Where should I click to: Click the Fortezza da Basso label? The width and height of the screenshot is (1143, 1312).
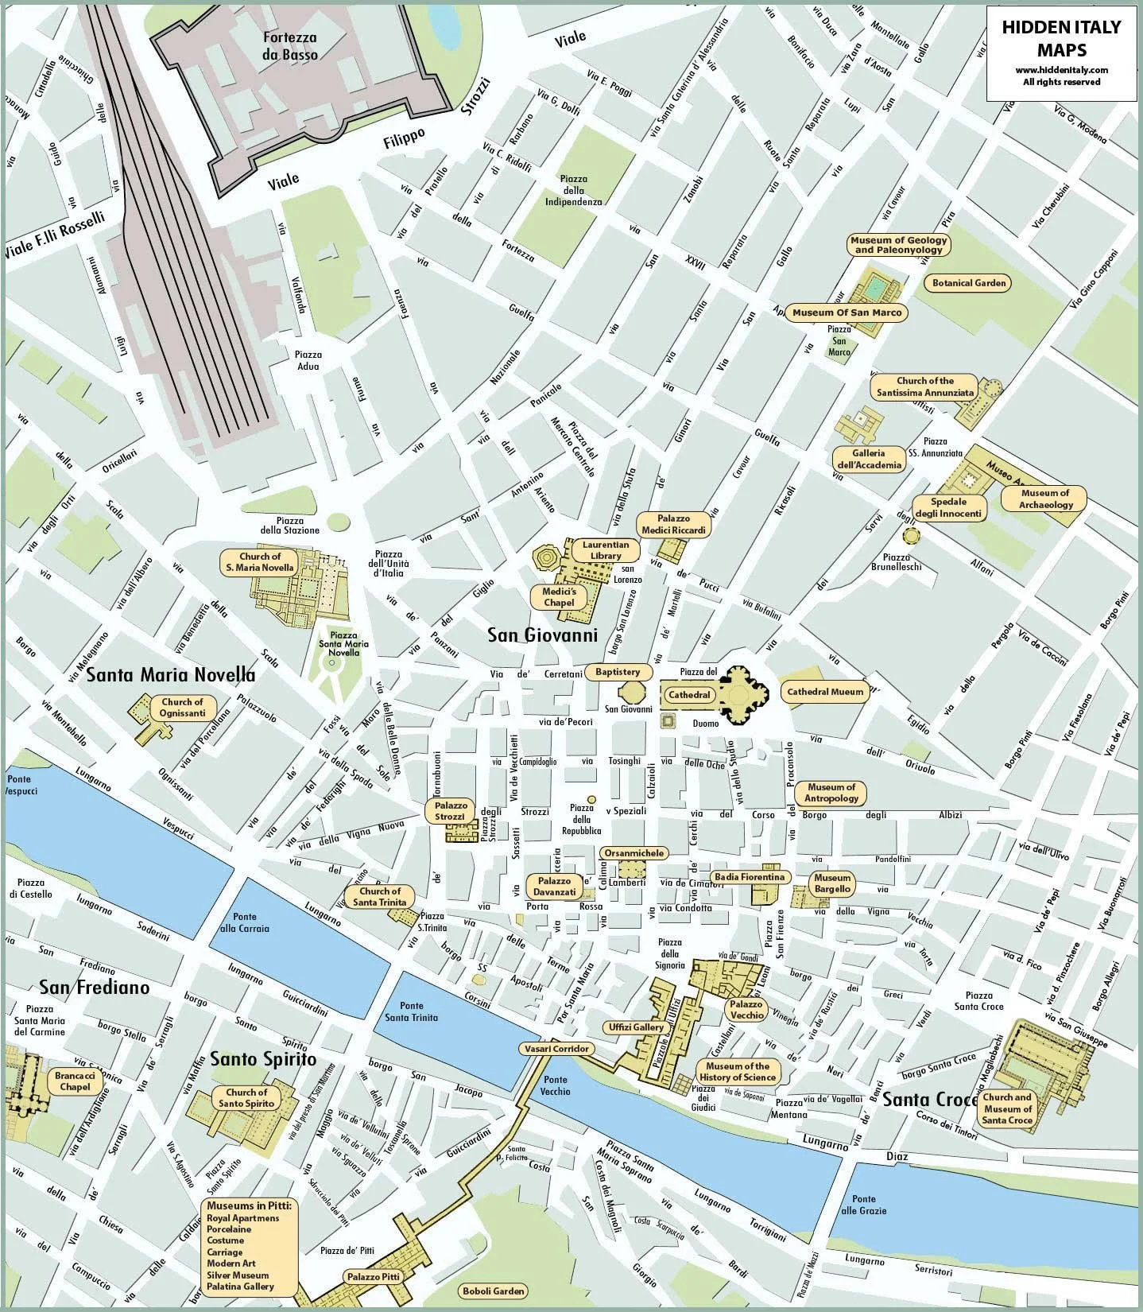[290, 46]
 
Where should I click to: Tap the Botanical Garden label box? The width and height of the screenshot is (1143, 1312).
[969, 282]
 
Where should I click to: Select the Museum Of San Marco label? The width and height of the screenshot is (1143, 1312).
[847, 312]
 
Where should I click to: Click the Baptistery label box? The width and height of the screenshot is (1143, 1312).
[617, 672]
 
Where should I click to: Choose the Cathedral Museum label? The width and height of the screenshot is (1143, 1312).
[824, 692]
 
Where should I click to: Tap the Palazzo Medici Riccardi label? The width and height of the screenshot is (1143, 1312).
[672, 524]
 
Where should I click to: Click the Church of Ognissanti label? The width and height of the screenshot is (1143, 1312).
[182, 707]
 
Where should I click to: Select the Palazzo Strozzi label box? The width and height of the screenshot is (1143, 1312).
[450, 811]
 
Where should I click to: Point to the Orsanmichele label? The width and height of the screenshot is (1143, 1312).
[633, 853]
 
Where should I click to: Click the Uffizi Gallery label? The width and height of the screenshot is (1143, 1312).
[636, 1027]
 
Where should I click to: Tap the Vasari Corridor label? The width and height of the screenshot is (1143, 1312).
[556, 1049]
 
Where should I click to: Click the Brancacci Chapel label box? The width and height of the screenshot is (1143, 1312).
[75, 1081]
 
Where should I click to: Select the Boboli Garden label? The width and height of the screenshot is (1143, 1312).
[493, 1291]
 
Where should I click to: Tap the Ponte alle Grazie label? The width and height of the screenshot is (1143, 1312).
[863, 1205]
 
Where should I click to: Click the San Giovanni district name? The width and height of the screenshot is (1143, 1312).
[542, 635]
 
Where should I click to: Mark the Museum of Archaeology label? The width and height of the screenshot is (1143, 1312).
[1045, 499]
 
